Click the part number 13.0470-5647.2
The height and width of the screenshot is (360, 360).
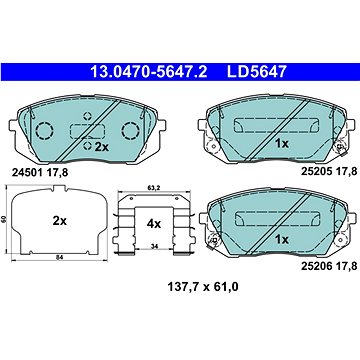pos(149,72)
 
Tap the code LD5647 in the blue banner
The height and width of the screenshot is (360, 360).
pos(257,72)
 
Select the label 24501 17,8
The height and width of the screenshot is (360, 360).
pos(40,172)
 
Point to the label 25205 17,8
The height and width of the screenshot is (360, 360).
pos(329,171)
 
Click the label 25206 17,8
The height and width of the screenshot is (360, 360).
pos(329,266)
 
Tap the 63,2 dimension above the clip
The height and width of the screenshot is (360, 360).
pos(154,188)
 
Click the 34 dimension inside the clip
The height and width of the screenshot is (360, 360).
pos(154,247)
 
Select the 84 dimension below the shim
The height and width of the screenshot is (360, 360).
pos(60,257)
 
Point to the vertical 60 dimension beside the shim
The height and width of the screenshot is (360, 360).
pos(4,219)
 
